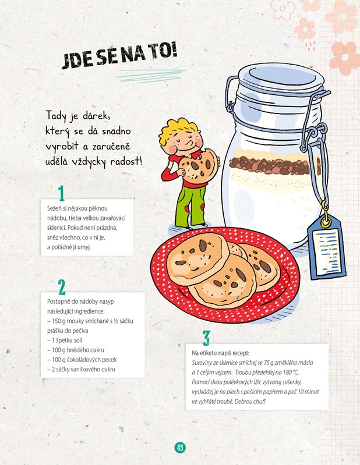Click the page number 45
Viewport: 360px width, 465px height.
pyautogui.click(x=180, y=447)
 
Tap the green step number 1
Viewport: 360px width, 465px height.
pyautogui.click(x=61, y=193)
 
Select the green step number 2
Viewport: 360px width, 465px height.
pyautogui.click(x=62, y=287)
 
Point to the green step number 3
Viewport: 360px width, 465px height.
pyautogui.click(x=206, y=338)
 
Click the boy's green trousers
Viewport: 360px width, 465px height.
pyautogui.click(x=190, y=205)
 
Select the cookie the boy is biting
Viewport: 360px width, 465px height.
pyautogui.click(x=197, y=166)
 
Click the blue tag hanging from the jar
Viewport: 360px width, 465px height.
pyautogui.click(x=326, y=248)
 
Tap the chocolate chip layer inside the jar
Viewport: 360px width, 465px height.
pyautogui.click(x=271, y=165)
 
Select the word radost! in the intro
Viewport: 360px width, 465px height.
pyautogui.click(x=126, y=162)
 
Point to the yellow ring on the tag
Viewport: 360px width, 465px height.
pyautogui.click(x=326, y=222)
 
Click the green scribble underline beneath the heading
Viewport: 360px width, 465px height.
pyautogui.click(x=150, y=76)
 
